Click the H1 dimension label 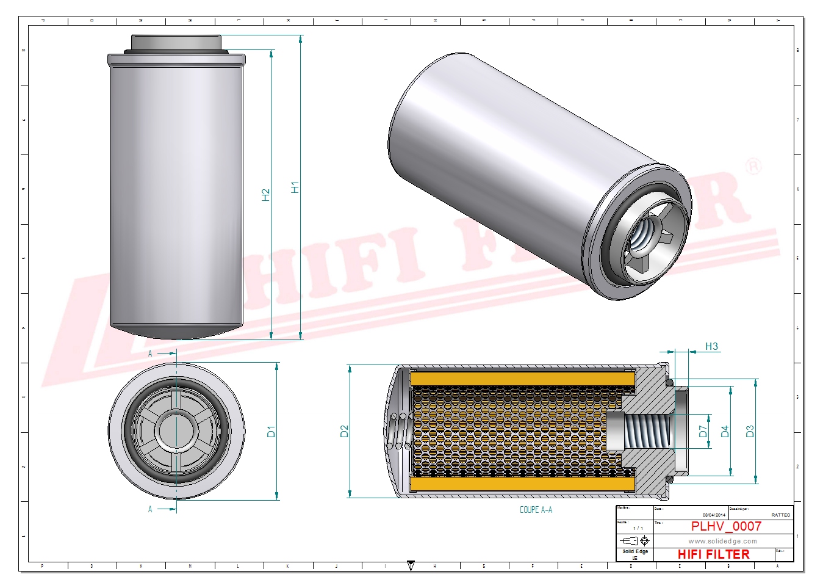pos(295,187)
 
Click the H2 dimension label pos(266,195)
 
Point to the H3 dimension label pos(711,346)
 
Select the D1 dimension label pos(271,431)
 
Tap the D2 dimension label pos(344,431)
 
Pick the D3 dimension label pos(750,431)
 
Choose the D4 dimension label pos(725,431)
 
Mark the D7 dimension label pos(703,431)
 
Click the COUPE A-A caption pos(536,510)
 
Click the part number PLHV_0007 pos(726,526)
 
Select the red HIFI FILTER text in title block pos(713,554)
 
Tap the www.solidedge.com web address pos(722,541)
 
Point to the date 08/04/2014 pos(713,515)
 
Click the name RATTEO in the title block pos(780,515)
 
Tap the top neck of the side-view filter pos(176,43)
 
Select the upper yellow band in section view pos(522,379)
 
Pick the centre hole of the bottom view pos(176,431)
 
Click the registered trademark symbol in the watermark pos(754,166)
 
